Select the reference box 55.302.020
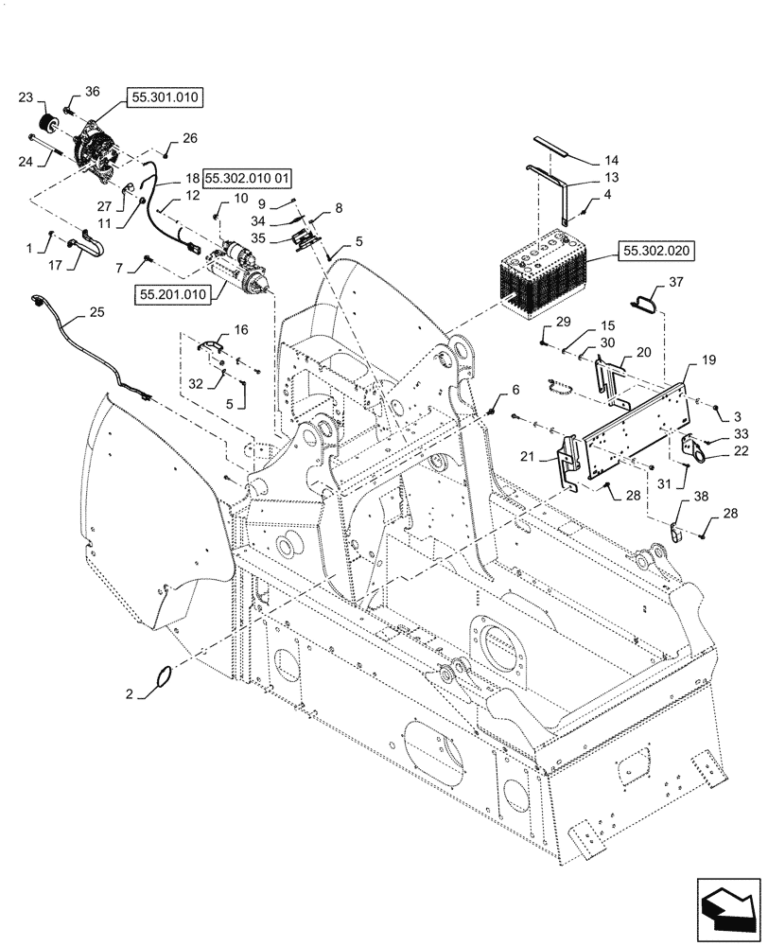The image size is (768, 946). coord(657,252)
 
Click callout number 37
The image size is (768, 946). coord(676,282)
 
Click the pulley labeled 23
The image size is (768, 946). coord(44,126)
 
